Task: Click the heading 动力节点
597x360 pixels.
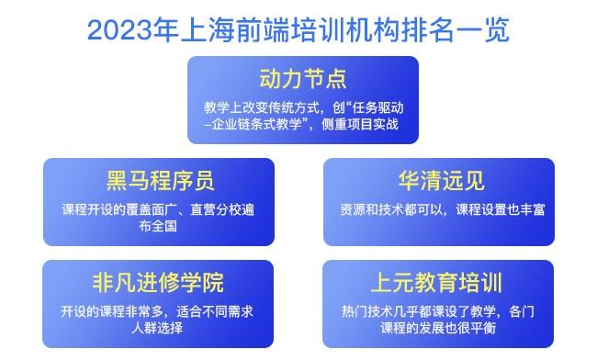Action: [x=302, y=75]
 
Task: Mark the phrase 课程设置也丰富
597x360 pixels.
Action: [x=501, y=208]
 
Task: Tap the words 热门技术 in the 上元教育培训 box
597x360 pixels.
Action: [x=362, y=310]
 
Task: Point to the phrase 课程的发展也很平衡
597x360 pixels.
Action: [x=441, y=327]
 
